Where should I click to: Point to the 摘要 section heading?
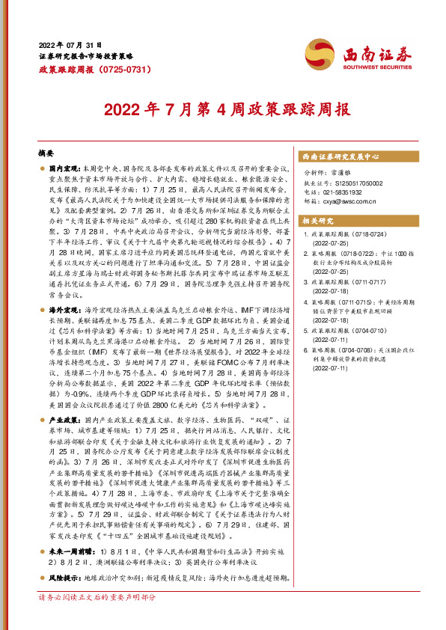pyautogui.click(x=47, y=153)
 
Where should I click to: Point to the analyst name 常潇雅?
pyautogui.click(x=343, y=173)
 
